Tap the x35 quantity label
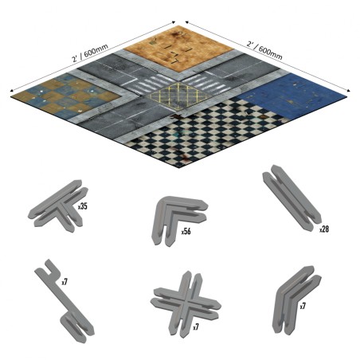coord(83,205)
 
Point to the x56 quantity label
coord(185,231)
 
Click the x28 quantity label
coord(323,229)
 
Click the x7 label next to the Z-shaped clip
coord(65,281)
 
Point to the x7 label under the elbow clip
coord(303,306)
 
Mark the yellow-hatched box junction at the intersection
coord(182,98)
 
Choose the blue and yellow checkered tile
coord(72,97)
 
